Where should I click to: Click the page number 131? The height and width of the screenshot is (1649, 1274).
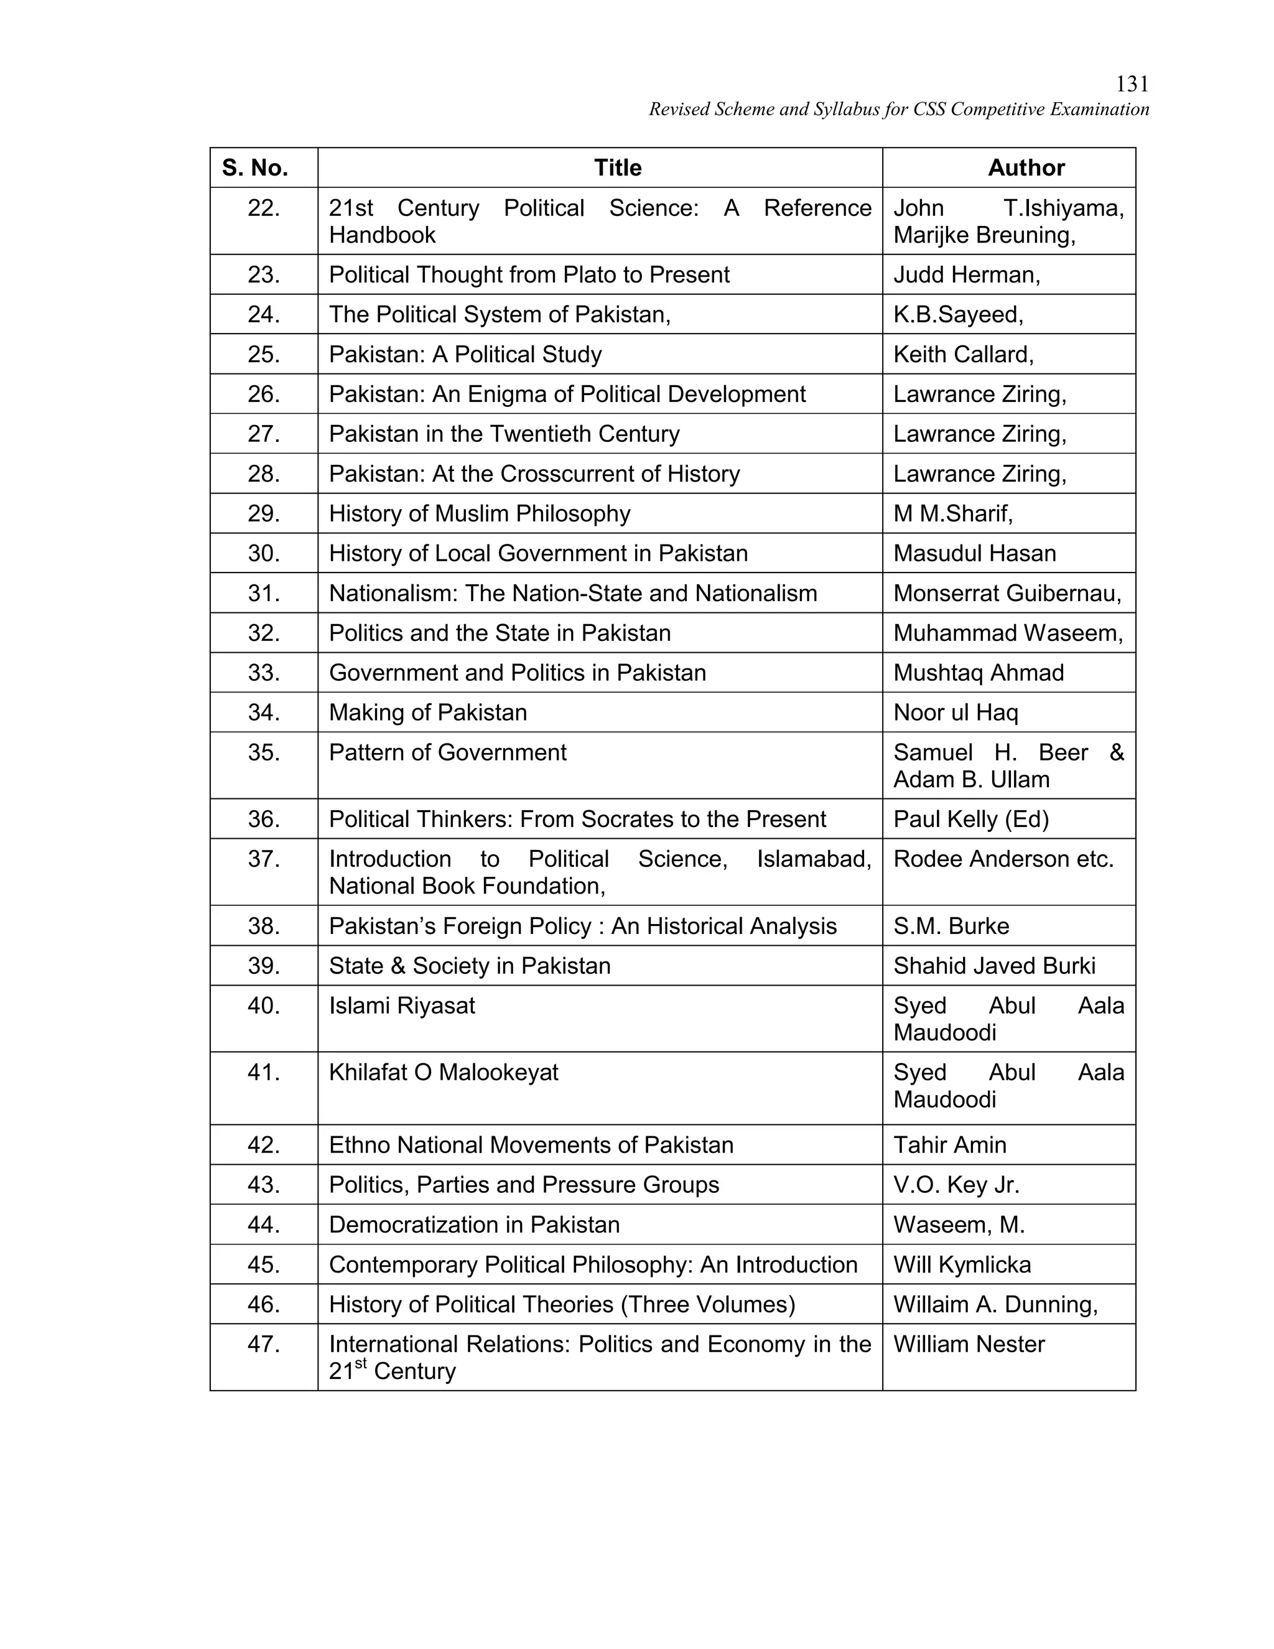click(1132, 84)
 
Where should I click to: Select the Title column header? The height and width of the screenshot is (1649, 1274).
click(617, 167)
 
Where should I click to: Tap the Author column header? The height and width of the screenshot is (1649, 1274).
click(1026, 167)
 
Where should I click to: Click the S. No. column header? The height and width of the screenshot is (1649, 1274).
click(255, 167)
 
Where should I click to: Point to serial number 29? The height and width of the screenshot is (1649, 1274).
click(263, 513)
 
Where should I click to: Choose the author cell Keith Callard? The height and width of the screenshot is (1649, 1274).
click(963, 354)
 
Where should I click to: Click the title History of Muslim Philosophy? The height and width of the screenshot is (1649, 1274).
click(479, 513)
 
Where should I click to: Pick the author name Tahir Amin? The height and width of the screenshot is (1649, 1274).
click(949, 1144)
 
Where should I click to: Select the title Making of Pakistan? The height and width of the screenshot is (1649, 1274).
click(428, 712)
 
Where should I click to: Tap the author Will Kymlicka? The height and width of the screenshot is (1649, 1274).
click(962, 1264)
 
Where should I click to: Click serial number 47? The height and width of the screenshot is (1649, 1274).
click(263, 1344)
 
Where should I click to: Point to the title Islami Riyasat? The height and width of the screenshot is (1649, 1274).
click(401, 1006)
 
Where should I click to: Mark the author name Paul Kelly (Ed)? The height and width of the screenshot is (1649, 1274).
click(970, 820)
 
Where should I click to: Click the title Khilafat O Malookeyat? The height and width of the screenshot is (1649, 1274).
click(443, 1072)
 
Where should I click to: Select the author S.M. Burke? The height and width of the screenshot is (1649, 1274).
click(951, 926)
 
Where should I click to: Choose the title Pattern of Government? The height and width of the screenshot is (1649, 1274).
click(447, 752)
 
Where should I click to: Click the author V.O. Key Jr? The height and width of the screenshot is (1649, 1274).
click(956, 1185)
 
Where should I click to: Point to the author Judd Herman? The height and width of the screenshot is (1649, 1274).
click(966, 275)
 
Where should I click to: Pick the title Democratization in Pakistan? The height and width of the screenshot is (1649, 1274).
click(474, 1225)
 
